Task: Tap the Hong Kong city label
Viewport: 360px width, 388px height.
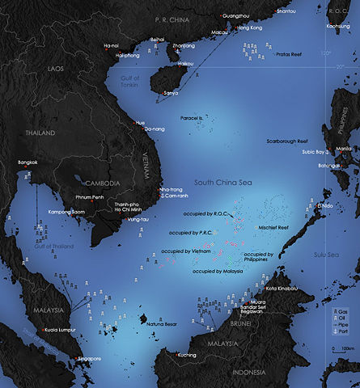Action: (x=252, y=27)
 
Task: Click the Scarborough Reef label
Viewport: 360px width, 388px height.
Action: (x=292, y=141)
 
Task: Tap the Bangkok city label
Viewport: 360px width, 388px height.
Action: (x=28, y=162)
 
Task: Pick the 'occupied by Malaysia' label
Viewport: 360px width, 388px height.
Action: (x=218, y=271)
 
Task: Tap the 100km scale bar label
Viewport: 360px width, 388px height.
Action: (x=349, y=348)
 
